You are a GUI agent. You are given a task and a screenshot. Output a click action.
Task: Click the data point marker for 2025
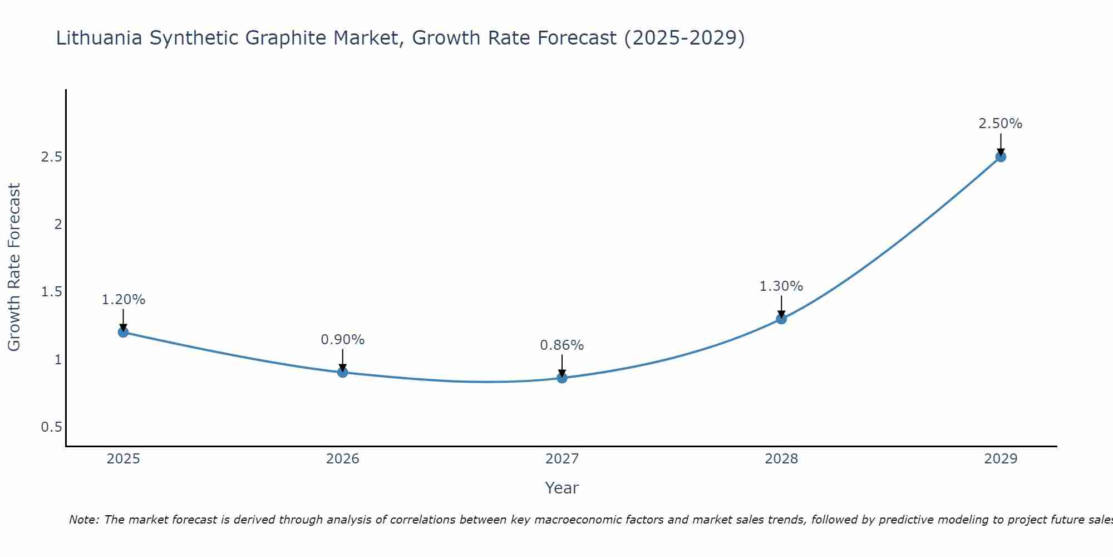tap(123, 332)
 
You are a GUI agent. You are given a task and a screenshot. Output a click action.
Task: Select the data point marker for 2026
tap(343, 372)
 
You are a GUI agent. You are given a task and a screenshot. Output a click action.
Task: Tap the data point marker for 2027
tap(562, 378)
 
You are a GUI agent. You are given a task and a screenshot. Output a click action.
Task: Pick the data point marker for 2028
tap(781, 319)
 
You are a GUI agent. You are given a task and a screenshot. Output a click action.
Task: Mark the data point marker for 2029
tap(1001, 157)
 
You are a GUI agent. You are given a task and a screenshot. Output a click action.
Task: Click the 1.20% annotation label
tap(123, 300)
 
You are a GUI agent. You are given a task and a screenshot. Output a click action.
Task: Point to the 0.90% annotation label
tap(343, 340)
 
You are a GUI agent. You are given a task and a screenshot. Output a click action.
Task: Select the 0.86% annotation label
tap(562, 345)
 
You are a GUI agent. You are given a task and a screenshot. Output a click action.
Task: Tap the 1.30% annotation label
tap(781, 286)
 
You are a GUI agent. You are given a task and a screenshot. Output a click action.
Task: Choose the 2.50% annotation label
tap(1001, 124)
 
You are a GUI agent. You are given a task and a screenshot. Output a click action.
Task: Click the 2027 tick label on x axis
tap(562, 459)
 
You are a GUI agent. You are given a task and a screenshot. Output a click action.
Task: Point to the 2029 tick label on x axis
tap(1001, 459)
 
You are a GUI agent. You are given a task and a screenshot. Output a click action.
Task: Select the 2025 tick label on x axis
tap(123, 459)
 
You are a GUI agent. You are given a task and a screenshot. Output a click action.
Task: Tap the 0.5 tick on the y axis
tap(51, 427)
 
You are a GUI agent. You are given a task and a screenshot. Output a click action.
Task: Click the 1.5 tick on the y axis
tap(51, 292)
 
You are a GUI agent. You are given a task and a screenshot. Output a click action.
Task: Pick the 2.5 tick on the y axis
tap(51, 157)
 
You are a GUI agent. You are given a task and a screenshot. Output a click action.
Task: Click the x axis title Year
tap(562, 488)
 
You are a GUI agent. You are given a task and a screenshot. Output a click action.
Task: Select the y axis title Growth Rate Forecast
tap(14, 267)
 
